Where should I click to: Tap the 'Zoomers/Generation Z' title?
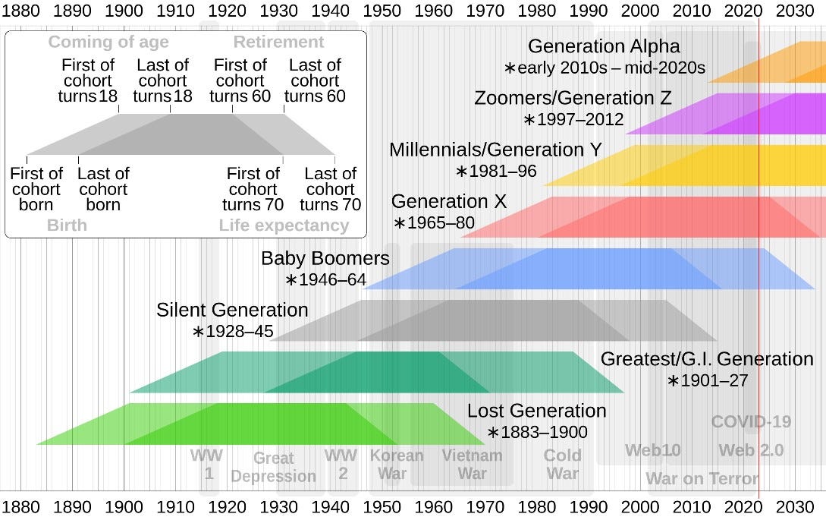pos(573,99)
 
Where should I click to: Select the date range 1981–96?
pos(496,172)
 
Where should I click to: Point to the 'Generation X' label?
pos(448,202)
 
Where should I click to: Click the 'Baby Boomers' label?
pos(325,258)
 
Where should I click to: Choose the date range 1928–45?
pos(233,332)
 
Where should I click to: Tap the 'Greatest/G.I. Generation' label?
pos(706,359)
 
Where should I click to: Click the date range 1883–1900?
pos(537,433)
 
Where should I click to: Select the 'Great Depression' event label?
pos(273,467)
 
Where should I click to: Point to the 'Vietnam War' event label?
pos(472,465)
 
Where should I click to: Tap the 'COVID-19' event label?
pos(750,422)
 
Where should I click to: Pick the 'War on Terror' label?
pos(702,479)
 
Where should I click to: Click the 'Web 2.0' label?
pos(750,450)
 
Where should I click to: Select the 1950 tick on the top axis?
pos(382,11)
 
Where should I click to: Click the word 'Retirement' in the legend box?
pos(278,43)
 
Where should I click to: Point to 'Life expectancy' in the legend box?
pos(284,225)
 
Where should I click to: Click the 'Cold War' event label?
pos(562,465)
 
